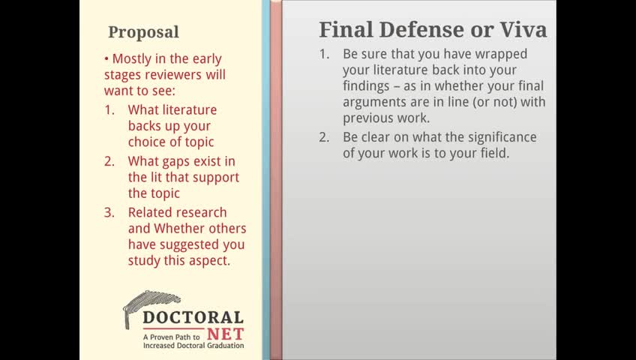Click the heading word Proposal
143,32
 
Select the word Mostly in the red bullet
132,59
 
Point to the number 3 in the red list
109,213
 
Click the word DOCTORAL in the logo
193,317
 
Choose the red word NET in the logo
226,334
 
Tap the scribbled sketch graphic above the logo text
150,306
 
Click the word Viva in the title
523,29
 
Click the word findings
366,86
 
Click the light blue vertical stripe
266,180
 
